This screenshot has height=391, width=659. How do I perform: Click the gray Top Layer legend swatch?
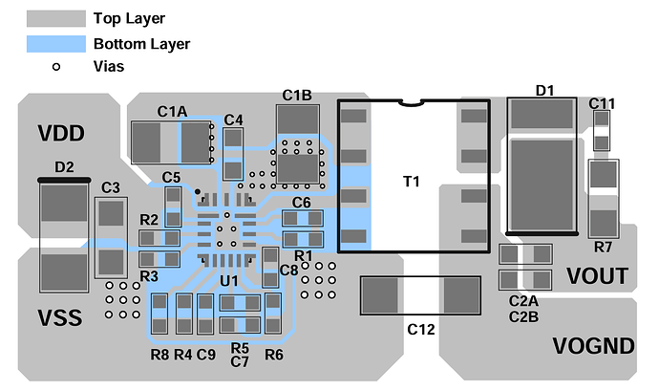[x=56, y=18]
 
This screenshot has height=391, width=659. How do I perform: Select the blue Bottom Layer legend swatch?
[x=56, y=44]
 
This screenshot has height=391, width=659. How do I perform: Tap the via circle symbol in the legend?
[x=56, y=67]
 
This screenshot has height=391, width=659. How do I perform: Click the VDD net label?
[x=61, y=134]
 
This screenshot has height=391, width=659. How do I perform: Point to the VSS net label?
[x=60, y=317]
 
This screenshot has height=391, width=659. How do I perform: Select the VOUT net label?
[x=597, y=276]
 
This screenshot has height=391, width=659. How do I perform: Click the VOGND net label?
[x=593, y=346]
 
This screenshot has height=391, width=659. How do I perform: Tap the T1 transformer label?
[x=412, y=182]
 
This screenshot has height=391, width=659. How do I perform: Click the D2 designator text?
[x=64, y=167]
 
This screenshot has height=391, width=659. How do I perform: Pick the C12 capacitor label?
[x=420, y=329]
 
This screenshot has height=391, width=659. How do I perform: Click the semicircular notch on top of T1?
[x=410, y=102]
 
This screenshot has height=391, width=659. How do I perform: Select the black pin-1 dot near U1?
[x=198, y=192]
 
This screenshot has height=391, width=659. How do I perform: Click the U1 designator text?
[x=229, y=280]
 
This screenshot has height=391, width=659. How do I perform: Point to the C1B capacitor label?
[x=297, y=96]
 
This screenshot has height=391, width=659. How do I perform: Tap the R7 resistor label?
[x=603, y=247]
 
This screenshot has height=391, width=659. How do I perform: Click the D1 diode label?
[x=545, y=91]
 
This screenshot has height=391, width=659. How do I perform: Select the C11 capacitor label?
[x=602, y=103]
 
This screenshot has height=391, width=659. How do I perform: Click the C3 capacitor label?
[x=111, y=187]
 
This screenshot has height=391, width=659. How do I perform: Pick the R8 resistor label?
[x=159, y=355]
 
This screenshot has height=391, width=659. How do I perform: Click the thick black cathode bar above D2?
[x=64, y=180]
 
